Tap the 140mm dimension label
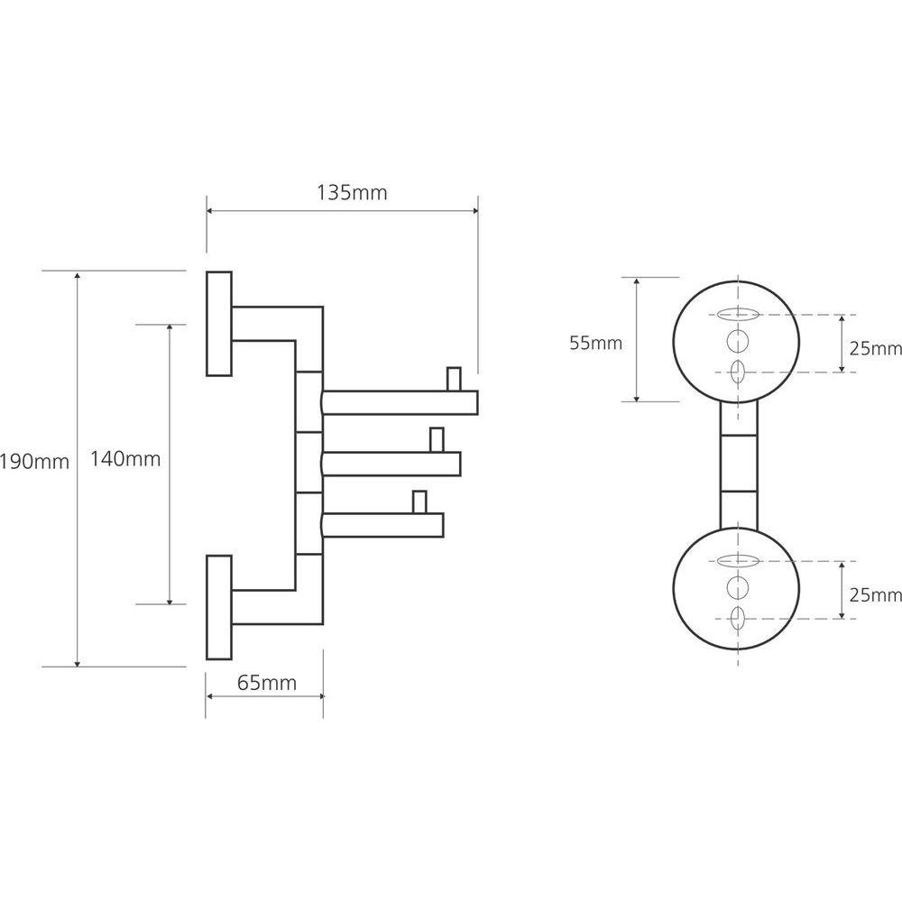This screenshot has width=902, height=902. coord(125,459)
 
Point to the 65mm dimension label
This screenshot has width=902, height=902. coord(266,683)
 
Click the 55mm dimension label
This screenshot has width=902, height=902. coord(595,343)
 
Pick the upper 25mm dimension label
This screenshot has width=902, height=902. coord(875,347)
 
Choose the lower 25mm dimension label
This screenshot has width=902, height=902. coord(875,594)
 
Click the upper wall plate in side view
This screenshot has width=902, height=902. coord(219,323)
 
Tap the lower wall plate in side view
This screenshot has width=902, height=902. coord(219,607)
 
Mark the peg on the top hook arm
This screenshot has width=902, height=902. coord(454,378)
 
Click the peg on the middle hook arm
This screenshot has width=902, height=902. coord(437,439)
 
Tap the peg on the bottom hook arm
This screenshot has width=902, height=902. coord(419,501)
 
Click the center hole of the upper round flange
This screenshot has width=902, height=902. coord(738,342)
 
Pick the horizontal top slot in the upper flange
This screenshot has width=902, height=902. coord(738,315)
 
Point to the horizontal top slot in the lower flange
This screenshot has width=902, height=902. coord(738,561)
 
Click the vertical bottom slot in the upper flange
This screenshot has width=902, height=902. coord(738,371)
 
